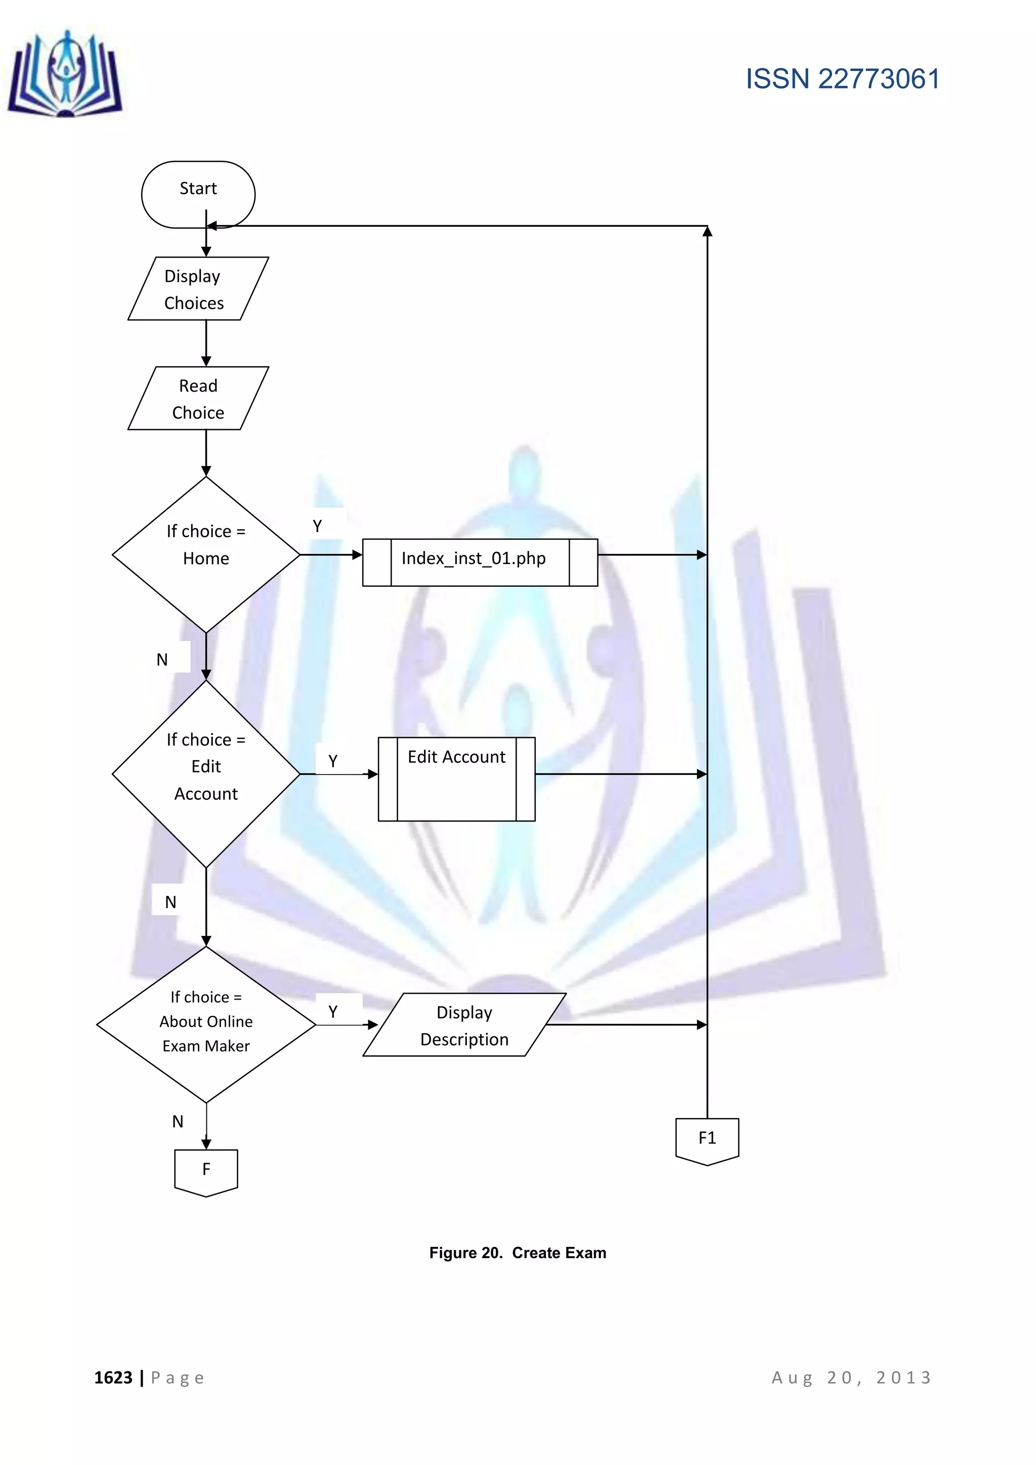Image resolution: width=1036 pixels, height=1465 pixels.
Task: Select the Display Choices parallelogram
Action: (198, 288)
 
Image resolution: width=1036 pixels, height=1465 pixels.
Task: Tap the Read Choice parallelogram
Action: (198, 398)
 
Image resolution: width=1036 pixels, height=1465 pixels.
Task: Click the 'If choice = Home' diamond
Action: (206, 554)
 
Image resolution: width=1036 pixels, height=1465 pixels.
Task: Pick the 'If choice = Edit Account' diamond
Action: (206, 773)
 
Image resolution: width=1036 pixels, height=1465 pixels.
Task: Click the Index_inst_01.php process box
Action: (480, 562)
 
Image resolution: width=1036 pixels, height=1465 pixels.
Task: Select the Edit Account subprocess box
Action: (456, 779)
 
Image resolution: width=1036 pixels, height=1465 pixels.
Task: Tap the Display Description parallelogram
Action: (464, 1025)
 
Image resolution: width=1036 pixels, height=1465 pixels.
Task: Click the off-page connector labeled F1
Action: (707, 1140)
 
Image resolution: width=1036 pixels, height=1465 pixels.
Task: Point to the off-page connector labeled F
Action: (206, 1171)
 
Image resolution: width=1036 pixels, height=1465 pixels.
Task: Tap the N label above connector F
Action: (178, 1121)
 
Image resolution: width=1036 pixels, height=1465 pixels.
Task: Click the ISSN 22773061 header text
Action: (842, 79)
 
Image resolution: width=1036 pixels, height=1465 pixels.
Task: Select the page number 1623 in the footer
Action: (113, 1377)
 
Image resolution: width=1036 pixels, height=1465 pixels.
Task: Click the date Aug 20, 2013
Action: (852, 1377)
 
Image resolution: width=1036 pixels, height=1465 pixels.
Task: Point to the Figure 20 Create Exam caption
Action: (517, 1253)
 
